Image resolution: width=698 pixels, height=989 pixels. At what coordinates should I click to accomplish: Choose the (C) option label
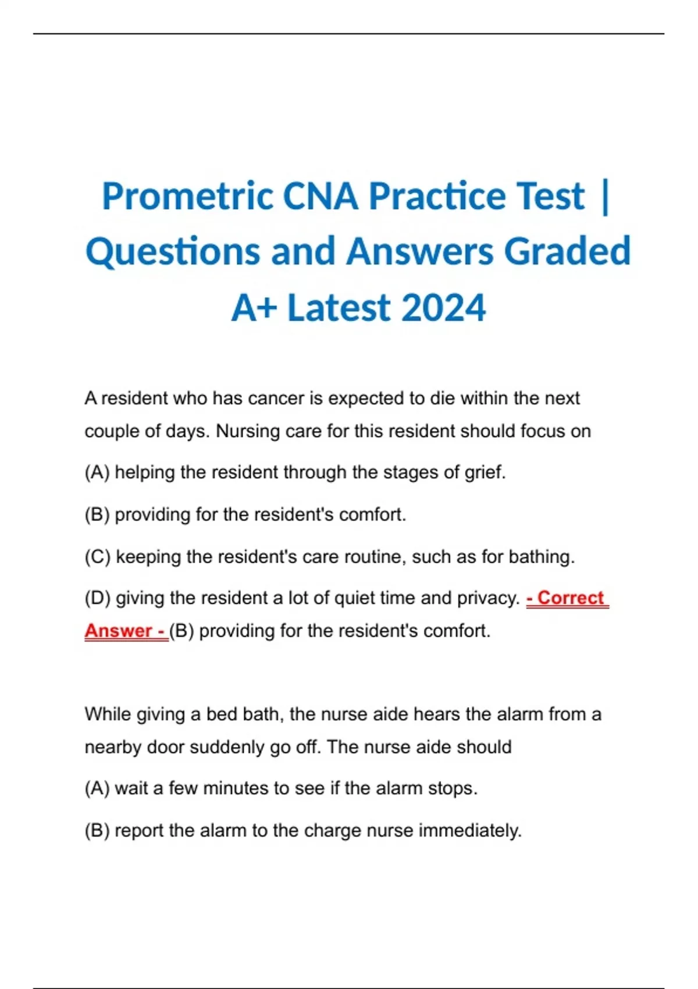pyautogui.click(x=98, y=557)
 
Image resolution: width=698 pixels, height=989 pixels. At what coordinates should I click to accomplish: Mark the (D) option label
pyautogui.click(x=98, y=598)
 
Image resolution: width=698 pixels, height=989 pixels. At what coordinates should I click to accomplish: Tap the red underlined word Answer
pyautogui.click(x=118, y=631)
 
